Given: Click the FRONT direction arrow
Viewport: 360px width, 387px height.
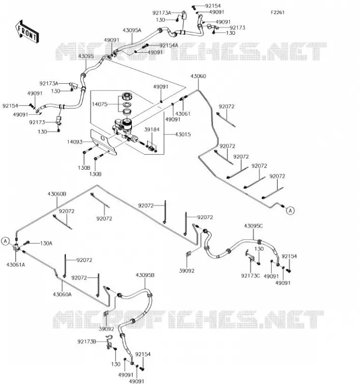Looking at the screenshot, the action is point(27,32).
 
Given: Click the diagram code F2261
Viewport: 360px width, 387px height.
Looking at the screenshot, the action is point(278,13).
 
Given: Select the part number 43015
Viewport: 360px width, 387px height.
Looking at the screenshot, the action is point(183,134).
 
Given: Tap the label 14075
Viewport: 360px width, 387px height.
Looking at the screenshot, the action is point(100,104).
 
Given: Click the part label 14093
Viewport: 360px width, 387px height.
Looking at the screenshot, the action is point(75,142).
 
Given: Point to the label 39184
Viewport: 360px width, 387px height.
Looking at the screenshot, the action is point(152,129).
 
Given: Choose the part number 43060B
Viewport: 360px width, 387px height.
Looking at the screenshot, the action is point(57,194).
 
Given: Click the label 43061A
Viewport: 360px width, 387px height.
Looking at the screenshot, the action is point(16,265).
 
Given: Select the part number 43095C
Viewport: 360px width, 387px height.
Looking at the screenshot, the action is point(254,226).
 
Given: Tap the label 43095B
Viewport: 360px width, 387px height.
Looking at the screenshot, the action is point(145,275).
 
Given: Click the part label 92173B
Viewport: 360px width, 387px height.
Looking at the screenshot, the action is point(87,342).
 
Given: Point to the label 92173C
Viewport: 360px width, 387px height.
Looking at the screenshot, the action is point(250,276).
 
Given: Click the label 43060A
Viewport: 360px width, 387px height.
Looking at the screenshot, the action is point(62,294).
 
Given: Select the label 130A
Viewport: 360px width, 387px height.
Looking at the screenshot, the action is point(46,243).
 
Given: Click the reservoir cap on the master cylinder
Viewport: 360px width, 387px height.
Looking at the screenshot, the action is point(127,96).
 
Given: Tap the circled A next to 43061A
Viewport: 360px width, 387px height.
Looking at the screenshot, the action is point(5,241).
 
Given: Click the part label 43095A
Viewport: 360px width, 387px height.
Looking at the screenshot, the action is point(132,30).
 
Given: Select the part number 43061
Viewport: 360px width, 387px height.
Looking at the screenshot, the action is point(183,114).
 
